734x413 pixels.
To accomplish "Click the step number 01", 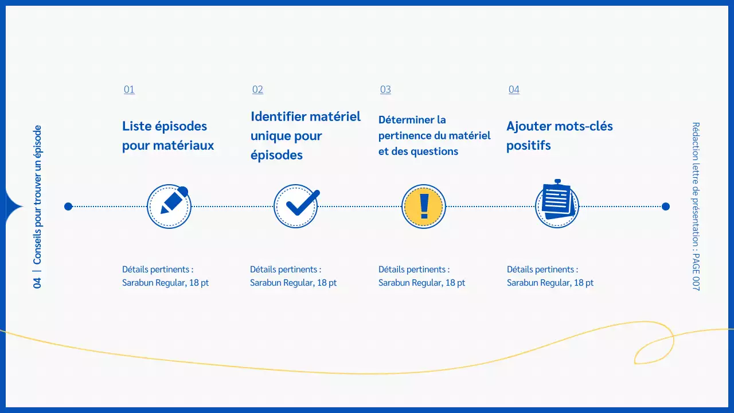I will [129, 89].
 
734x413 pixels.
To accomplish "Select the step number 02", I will [257, 89].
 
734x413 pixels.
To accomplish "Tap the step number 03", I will [385, 89].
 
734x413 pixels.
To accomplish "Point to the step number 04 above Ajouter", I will [514, 89].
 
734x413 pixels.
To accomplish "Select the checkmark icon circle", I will [296, 206].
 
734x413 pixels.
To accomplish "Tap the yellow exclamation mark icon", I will [424, 206].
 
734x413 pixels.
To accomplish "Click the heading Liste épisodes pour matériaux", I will [168, 136].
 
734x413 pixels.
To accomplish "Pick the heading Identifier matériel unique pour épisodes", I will [306, 136].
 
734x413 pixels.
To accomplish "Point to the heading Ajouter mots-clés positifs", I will [560, 136].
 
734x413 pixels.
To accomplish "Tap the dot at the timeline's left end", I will [68, 206].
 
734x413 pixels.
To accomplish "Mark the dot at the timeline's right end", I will [666, 206].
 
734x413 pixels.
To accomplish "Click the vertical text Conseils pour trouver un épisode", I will [38, 196].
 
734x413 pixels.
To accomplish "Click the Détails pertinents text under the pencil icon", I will [158, 270].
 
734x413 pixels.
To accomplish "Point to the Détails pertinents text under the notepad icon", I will [542, 270].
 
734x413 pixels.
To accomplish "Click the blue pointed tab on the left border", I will [13, 206].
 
